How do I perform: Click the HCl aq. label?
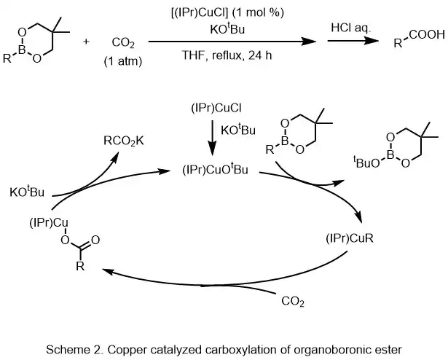[x=343, y=27]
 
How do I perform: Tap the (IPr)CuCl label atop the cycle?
[x=213, y=109]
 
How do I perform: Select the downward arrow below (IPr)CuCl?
[x=213, y=136]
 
